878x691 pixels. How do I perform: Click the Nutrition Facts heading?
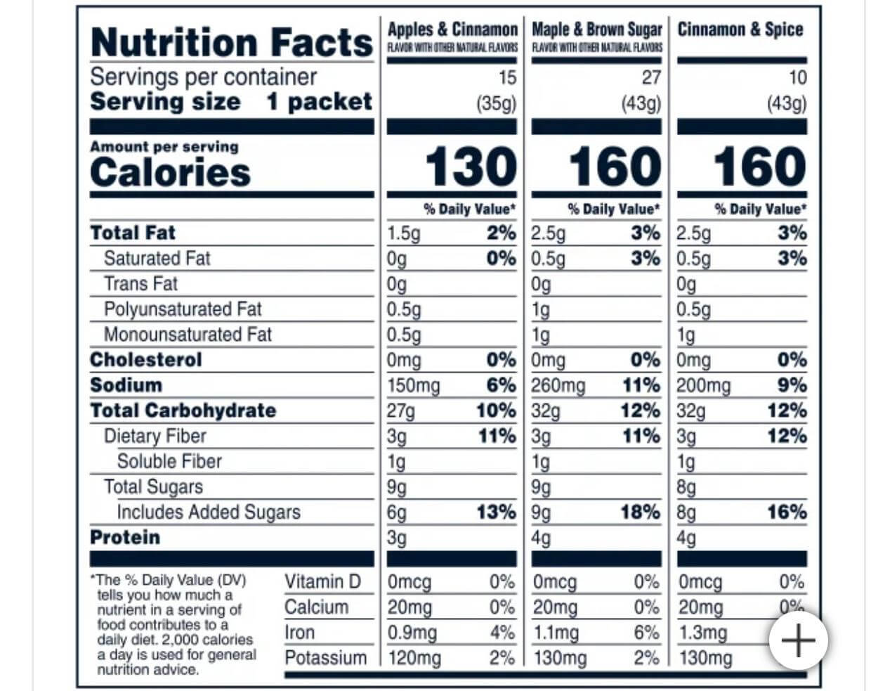(x=231, y=42)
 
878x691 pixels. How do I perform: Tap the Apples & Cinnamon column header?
(x=452, y=30)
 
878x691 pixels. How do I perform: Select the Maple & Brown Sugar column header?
(x=597, y=30)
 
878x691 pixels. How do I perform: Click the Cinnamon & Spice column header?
(x=740, y=30)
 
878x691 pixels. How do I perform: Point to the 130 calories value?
(x=471, y=167)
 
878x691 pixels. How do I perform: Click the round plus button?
(x=799, y=640)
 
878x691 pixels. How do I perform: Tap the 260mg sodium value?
(x=558, y=386)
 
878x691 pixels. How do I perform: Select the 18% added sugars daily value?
(x=640, y=512)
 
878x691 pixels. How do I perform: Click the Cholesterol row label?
(x=146, y=360)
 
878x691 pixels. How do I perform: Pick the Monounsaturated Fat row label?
(x=188, y=335)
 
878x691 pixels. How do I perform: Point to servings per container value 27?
(x=651, y=77)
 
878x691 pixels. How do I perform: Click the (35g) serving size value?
(x=496, y=103)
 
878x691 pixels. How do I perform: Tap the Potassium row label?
(x=325, y=658)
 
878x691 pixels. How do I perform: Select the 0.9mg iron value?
(x=412, y=633)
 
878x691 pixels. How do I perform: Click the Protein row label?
(x=125, y=538)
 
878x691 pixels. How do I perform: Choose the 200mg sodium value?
(x=704, y=386)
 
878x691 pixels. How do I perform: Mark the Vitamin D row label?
(x=322, y=582)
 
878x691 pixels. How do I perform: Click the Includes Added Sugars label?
(x=209, y=512)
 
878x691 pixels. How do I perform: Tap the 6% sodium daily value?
(x=502, y=386)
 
